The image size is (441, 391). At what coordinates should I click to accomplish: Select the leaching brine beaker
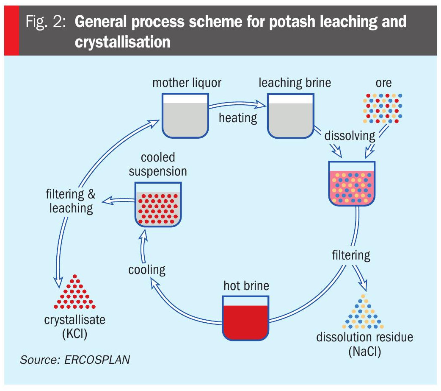click(290, 115)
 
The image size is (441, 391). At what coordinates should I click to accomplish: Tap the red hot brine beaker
click(246, 318)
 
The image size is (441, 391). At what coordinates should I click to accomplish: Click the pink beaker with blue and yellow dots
click(352, 183)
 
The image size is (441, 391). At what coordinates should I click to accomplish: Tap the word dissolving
click(350, 136)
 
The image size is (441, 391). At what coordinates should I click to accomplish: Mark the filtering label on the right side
click(350, 255)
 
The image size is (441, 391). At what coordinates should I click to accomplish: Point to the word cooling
click(147, 269)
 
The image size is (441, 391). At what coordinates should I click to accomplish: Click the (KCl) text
click(74, 334)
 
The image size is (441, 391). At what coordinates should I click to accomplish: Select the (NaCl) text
click(364, 352)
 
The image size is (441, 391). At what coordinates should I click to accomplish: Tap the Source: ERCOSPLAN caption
click(75, 360)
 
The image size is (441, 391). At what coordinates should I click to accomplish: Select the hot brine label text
click(246, 285)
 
